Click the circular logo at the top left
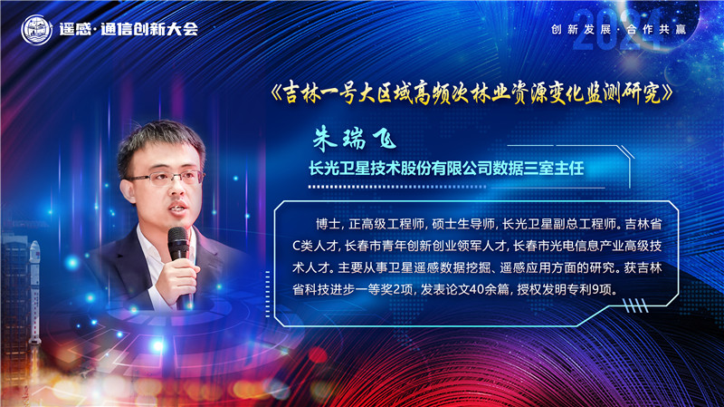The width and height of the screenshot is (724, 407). coord(35,28)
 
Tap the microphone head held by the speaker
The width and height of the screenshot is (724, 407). coord(178,242)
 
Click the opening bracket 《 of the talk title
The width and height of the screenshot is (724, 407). coord(277,94)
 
